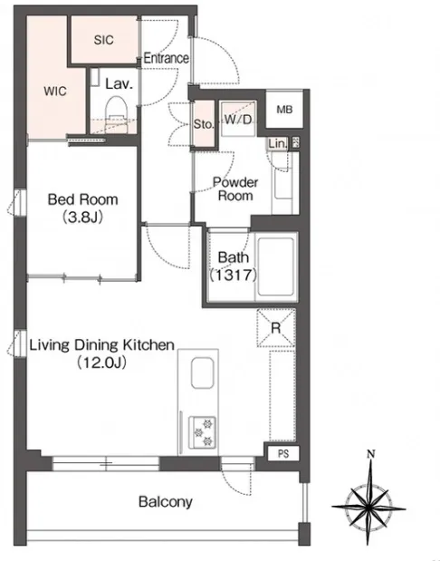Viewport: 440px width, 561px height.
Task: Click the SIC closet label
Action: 103,40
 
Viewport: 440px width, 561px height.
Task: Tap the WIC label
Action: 55,91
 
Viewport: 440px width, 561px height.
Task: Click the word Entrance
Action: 167,58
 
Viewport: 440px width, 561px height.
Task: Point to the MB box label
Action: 284,110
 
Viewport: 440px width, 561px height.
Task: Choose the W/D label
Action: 238,120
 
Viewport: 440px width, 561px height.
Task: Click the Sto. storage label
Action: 204,124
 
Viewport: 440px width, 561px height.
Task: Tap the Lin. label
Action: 278,144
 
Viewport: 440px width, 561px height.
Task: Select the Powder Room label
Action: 235,189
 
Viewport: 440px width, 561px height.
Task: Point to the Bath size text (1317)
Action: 234,276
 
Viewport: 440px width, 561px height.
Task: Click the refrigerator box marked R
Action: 276,328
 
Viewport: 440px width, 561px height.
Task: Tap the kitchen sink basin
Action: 203,372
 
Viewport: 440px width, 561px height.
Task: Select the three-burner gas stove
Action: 202,431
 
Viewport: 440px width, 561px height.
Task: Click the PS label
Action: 283,454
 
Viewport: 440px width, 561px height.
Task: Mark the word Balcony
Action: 166,501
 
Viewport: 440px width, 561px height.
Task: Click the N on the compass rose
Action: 371,454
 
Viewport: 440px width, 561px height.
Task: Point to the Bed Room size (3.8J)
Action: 83,218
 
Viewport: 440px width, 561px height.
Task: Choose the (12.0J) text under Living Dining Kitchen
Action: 101,363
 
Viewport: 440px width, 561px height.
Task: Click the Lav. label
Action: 120,83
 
